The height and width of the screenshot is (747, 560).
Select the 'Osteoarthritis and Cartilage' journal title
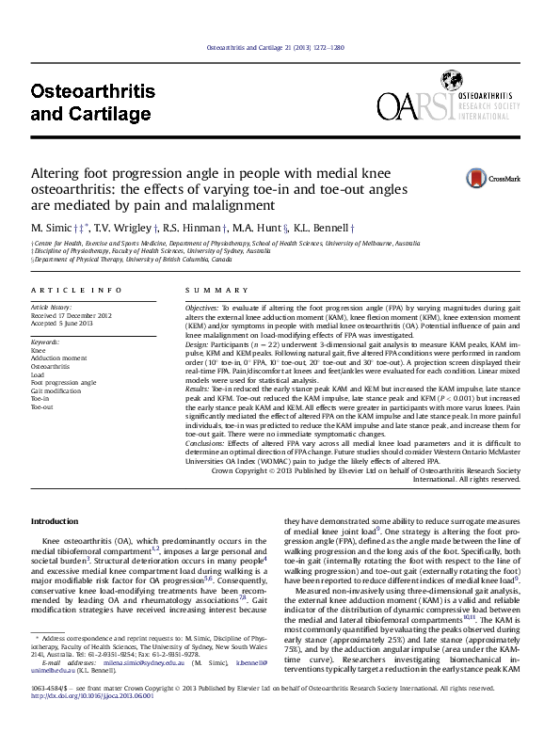pyautogui.click(x=92, y=103)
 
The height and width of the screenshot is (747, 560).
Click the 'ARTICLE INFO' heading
pyautogui.click(x=76, y=291)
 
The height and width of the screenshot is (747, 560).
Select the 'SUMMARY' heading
pyautogui.click(x=204, y=291)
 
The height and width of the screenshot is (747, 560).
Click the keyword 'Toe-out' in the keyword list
pyautogui.click(x=42, y=407)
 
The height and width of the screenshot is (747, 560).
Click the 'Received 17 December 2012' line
pyautogui.click(x=72, y=315)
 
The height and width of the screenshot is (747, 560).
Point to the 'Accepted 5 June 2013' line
pyautogui.click(x=62, y=323)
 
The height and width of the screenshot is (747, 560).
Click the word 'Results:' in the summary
pyautogui.click(x=197, y=387)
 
